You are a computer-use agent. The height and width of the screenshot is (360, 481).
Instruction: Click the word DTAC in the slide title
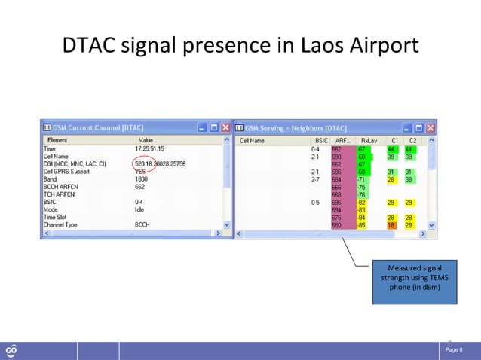pyautogui.click(x=93, y=47)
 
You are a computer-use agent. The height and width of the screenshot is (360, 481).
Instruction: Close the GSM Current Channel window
pyautogui.click(x=225, y=127)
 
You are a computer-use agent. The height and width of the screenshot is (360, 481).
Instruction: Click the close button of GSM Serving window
pyautogui.click(x=430, y=127)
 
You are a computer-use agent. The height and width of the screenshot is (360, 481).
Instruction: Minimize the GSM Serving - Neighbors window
pyautogui.click(x=404, y=127)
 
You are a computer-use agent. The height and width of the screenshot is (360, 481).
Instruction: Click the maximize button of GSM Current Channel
pyautogui.click(x=212, y=127)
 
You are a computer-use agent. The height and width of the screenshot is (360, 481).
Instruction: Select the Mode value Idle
pyautogui.click(x=139, y=209)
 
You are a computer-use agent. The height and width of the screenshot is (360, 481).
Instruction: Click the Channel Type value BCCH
pyautogui.click(x=142, y=224)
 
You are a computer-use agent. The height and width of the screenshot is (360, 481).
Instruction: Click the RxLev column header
pyautogui.click(x=368, y=140)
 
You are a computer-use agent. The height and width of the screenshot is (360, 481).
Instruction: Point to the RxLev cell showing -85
pyautogui.click(x=362, y=224)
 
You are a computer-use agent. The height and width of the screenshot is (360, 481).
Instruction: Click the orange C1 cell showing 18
pyautogui.click(x=392, y=224)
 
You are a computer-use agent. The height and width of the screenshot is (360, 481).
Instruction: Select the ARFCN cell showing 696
pyautogui.click(x=336, y=202)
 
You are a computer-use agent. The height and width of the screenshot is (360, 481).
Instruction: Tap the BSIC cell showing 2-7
pyautogui.click(x=316, y=179)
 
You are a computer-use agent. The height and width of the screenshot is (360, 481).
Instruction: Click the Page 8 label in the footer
pyautogui.click(x=455, y=350)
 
